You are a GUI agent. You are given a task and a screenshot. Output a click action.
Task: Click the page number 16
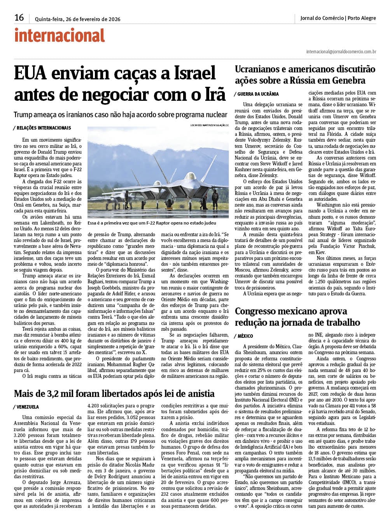(x=19, y=18)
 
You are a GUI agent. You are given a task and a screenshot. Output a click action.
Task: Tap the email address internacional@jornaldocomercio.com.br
(x=341, y=51)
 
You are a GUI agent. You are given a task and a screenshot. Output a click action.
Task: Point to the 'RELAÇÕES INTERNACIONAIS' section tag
(x=43, y=128)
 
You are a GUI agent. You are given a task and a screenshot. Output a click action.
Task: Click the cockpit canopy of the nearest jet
(x=191, y=176)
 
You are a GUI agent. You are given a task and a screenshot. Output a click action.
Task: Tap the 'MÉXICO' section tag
(x=245, y=336)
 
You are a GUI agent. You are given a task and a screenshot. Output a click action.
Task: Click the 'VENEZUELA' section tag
(x=28, y=407)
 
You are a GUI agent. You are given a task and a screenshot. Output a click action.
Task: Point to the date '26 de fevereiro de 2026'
(x=93, y=19)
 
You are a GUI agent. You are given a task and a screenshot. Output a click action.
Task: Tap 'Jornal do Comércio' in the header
(x=322, y=18)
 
